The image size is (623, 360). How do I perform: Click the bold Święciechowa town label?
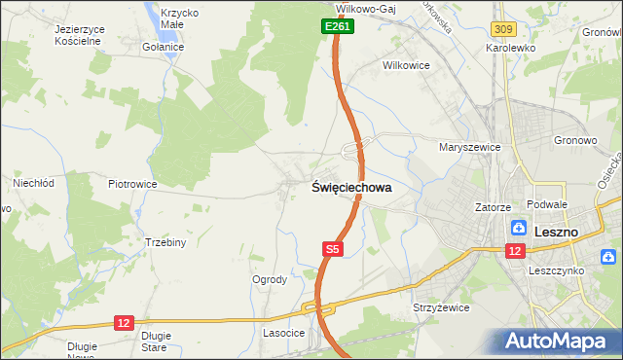(351, 188)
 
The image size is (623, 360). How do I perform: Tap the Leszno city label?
(557, 232)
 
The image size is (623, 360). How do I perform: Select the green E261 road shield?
(337, 27)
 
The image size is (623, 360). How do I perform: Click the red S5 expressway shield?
(333, 249)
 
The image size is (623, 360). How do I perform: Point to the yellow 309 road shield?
(502, 31)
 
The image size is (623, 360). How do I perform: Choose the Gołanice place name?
(163, 47)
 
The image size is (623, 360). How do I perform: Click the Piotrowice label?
(132, 183)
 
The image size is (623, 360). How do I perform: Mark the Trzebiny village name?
(165, 242)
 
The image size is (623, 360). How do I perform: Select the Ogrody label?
(270, 279)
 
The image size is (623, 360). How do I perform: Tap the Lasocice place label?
(283, 333)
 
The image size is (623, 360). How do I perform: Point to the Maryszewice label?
(469, 148)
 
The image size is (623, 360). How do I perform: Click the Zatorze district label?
(493, 207)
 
